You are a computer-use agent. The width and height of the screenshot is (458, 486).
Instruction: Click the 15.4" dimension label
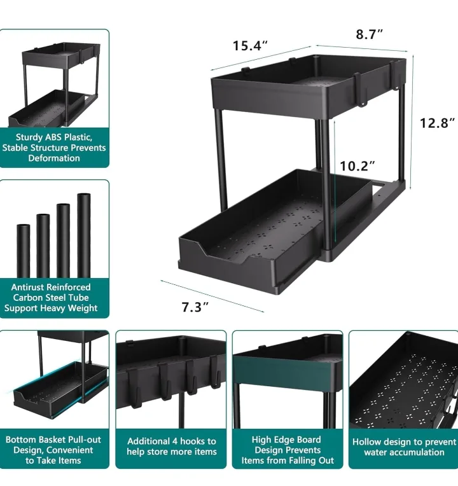(250, 46)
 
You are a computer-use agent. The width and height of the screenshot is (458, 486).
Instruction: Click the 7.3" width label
(196, 307)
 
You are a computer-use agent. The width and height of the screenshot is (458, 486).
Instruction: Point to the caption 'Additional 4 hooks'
(172, 441)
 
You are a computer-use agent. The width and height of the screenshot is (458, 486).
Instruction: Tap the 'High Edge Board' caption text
(287, 440)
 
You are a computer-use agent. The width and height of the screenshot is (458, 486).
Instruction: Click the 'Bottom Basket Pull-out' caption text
(53, 440)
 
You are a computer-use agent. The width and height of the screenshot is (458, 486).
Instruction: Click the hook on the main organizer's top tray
(360, 89)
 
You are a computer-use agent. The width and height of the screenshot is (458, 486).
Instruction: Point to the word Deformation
(54, 158)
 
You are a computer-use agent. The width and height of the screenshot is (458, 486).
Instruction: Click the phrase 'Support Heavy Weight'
(51, 308)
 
